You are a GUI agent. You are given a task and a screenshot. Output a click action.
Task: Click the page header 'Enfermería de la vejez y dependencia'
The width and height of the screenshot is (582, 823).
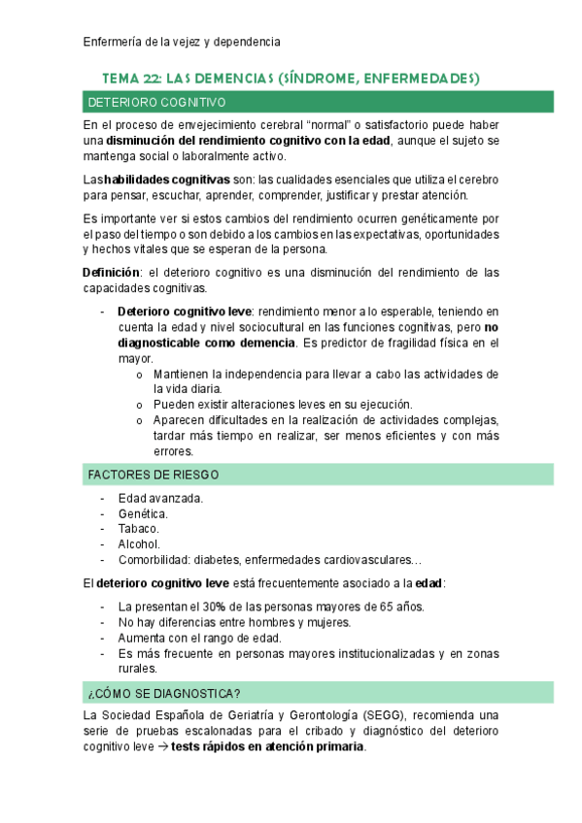point(182,42)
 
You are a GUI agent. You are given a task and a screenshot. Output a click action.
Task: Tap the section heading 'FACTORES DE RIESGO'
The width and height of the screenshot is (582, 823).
point(154,475)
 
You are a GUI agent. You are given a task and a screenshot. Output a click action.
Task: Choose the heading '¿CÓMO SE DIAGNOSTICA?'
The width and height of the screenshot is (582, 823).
point(164,693)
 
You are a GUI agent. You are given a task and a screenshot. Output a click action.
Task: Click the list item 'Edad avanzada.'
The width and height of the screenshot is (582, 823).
point(160,498)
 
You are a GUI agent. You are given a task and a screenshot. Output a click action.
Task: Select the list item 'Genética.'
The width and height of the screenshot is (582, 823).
point(143,513)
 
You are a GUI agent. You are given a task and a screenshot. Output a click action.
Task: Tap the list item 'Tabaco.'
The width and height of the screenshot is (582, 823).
point(139,529)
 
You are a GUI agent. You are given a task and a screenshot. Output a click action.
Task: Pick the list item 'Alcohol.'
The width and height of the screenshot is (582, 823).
point(139,544)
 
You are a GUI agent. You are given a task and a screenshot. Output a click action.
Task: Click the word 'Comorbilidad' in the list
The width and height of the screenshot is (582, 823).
point(154,560)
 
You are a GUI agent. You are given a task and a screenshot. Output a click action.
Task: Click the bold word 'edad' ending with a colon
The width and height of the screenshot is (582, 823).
point(428,583)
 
